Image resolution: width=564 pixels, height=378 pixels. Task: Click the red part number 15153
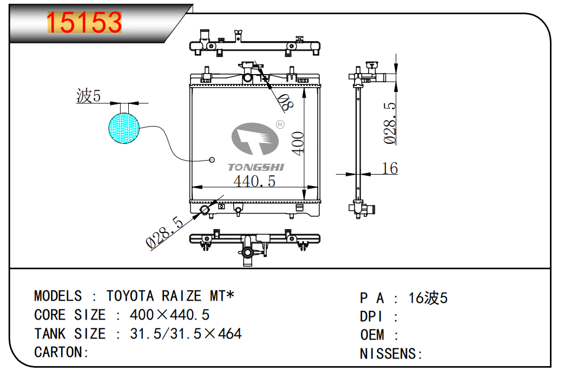click(x=84, y=23)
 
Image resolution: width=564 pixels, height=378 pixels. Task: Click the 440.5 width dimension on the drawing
click(x=254, y=181)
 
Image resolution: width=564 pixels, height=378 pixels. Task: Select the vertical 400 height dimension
click(x=298, y=143)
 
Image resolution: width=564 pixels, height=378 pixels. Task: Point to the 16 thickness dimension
click(x=390, y=168)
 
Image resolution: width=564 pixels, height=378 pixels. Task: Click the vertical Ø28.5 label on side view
click(x=390, y=123)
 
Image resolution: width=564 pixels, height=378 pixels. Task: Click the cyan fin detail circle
click(x=124, y=128)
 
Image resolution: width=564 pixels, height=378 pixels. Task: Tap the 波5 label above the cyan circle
click(x=88, y=97)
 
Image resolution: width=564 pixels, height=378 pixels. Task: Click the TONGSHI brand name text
click(x=255, y=168)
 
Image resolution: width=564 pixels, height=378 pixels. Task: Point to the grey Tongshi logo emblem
click(x=255, y=139)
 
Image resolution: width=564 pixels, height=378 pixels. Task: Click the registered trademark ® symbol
click(x=280, y=124)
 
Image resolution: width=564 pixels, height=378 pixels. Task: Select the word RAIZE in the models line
click(x=181, y=296)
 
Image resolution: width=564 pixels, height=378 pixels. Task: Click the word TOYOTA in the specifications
click(x=130, y=296)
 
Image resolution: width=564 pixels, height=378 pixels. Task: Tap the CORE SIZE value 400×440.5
click(x=169, y=315)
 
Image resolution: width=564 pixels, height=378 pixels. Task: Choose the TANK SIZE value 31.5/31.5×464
click(x=186, y=334)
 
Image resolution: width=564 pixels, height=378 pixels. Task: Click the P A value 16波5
click(x=428, y=298)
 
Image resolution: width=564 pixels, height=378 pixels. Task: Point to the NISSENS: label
click(x=391, y=354)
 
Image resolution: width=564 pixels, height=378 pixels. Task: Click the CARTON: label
click(x=61, y=352)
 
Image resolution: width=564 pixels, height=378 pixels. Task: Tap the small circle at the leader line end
click(x=212, y=160)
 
